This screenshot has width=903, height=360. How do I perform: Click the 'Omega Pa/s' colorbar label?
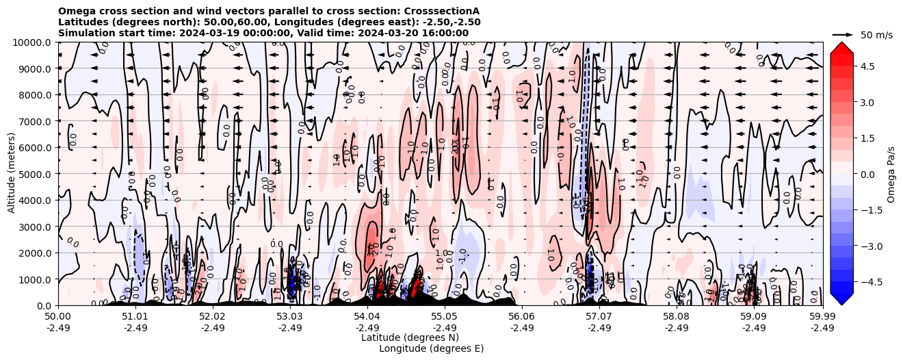pos(891,174)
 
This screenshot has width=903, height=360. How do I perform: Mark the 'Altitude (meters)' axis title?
pos(12,174)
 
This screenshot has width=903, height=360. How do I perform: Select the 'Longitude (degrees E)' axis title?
pos(431,348)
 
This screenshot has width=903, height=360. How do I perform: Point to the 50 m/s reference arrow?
pos(842,34)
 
